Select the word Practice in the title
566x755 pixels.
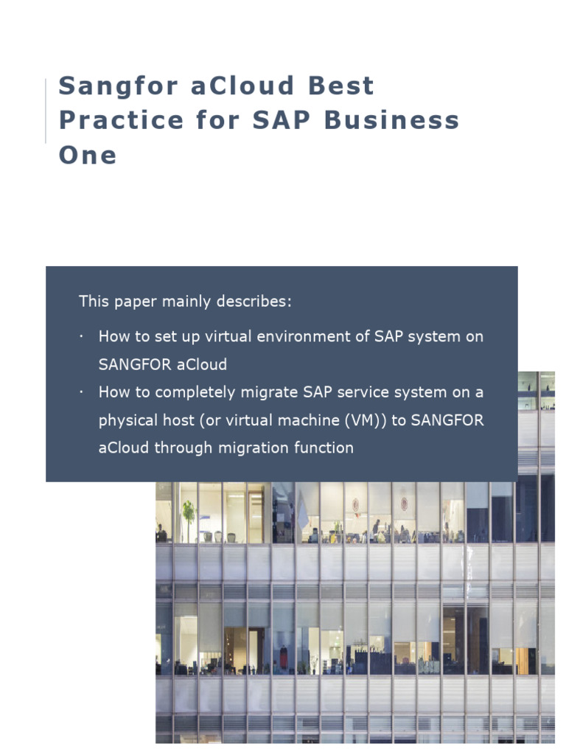tap(122, 121)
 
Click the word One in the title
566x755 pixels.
tap(88, 156)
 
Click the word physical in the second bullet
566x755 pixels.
tap(127, 420)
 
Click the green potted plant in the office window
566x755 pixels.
tap(189, 514)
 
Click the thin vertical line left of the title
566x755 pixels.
tap(46, 111)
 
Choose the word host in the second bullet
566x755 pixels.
tap(175, 420)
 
